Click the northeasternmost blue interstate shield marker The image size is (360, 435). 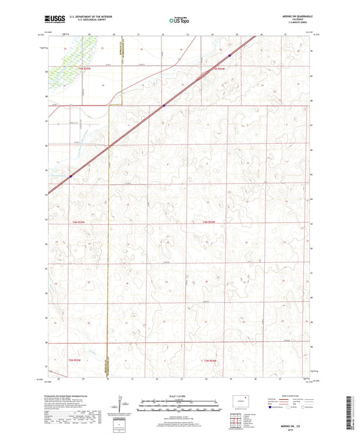pos(230,55)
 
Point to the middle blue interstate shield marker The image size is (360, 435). pos(163,105)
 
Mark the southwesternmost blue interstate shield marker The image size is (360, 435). pos(70,176)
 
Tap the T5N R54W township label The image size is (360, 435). pos(221,69)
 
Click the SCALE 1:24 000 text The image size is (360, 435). pos(179,396)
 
